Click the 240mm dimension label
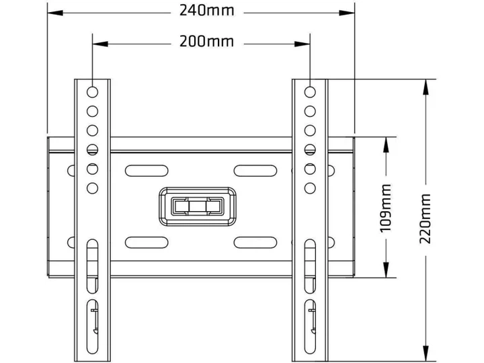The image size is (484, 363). click(x=207, y=11)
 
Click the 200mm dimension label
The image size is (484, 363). click(x=207, y=42)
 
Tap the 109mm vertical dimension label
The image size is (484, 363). click(x=386, y=208)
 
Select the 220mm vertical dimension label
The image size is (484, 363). click(x=425, y=218)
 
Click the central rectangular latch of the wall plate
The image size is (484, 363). click(x=198, y=206)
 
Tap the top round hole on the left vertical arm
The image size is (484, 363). click(x=92, y=92)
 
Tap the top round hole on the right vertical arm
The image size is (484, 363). click(x=310, y=92)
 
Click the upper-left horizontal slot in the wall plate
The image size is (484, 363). click(x=147, y=171)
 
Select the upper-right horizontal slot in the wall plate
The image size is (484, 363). click(x=255, y=171)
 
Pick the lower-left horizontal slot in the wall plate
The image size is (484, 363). click(x=147, y=243)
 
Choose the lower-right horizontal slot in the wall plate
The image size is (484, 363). click(x=255, y=243)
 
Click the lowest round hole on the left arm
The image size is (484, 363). click(x=92, y=188)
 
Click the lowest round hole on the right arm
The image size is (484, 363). click(x=310, y=188)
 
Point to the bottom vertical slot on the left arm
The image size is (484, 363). click(x=92, y=327)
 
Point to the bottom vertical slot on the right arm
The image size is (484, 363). click(x=310, y=327)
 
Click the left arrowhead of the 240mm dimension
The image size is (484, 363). click(x=55, y=13)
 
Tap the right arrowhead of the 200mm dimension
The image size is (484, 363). click(x=302, y=44)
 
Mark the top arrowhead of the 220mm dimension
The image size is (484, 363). click(x=426, y=87)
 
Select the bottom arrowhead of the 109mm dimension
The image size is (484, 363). click(x=386, y=270)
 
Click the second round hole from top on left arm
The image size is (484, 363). click(x=92, y=111)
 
